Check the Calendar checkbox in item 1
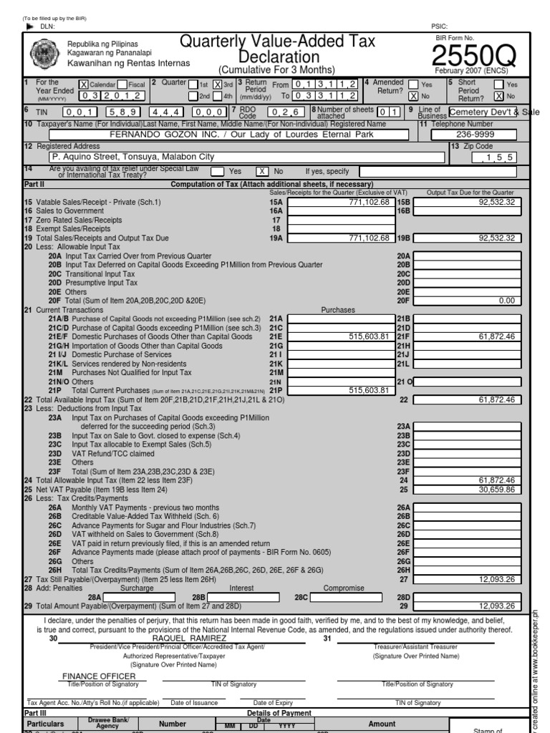click(83, 84)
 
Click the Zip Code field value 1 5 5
click(495, 156)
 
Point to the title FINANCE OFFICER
click(99, 676)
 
